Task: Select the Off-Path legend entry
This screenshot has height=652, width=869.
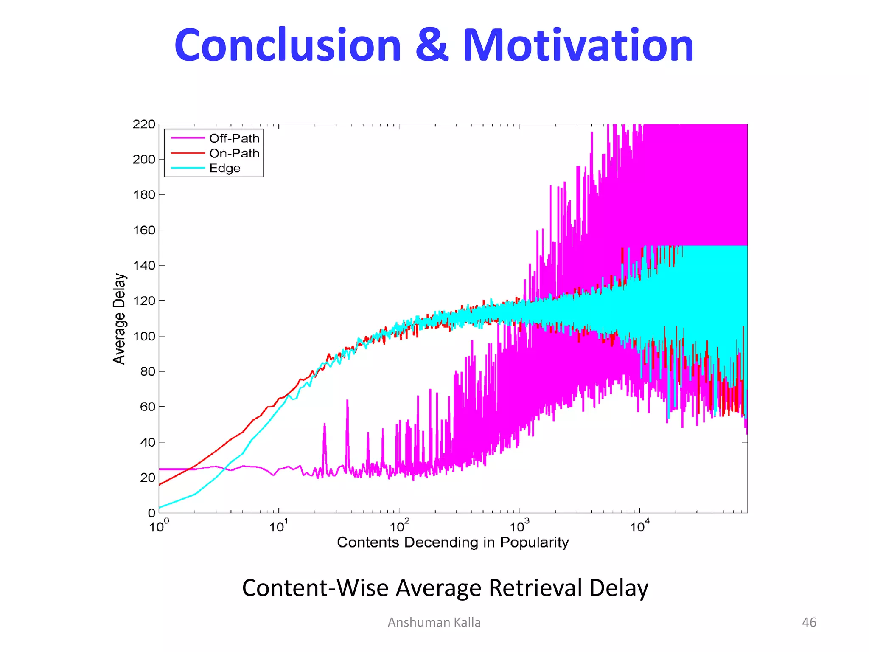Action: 234,138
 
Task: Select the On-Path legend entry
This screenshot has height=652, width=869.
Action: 234,153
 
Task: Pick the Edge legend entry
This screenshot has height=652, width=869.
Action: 224,169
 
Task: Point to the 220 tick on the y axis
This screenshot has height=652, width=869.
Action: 144,124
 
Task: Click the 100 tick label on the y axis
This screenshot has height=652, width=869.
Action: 144,336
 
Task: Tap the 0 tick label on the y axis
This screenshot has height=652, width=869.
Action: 151,513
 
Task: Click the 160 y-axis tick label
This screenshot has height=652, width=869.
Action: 144,230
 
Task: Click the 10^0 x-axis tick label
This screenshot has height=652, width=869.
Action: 159,527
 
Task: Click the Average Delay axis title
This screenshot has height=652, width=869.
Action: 119,318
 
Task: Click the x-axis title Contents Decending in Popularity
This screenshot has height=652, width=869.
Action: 453,542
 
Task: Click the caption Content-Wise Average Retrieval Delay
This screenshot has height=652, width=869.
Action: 445,588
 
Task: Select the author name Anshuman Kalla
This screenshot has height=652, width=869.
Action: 434,622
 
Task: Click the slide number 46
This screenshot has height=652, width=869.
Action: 809,622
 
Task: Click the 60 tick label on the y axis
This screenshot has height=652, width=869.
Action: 147,407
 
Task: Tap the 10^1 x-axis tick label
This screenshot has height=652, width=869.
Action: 279,527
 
